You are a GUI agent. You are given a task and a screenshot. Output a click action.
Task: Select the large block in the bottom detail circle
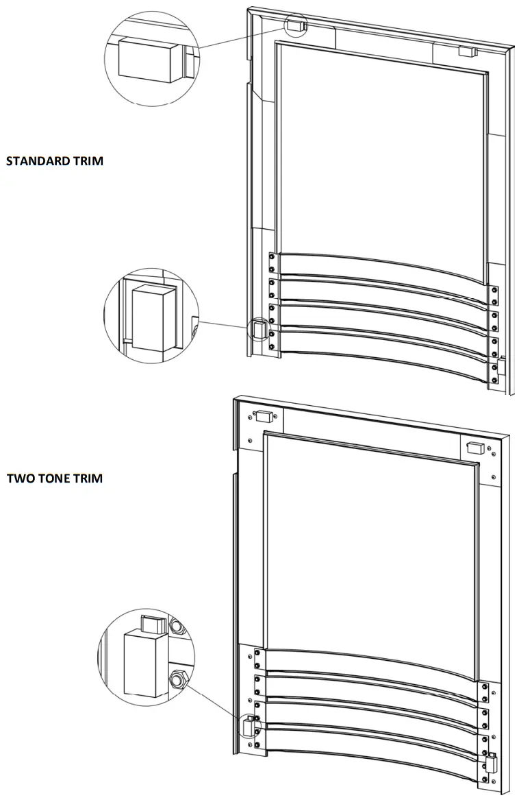click(x=144, y=663)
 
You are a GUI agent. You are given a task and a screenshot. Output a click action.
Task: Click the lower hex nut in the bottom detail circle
click(x=178, y=680)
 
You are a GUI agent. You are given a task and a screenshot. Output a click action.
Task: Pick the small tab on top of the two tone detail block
click(x=153, y=625)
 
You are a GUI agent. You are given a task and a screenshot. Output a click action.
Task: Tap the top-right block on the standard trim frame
click(x=466, y=51)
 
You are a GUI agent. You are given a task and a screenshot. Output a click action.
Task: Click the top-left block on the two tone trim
click(x=263, y=415)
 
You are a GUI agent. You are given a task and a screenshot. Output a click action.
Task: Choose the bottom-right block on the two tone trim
click(x=492, y=762)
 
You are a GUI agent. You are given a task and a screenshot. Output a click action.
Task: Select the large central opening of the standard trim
click(x=380, y=151)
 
